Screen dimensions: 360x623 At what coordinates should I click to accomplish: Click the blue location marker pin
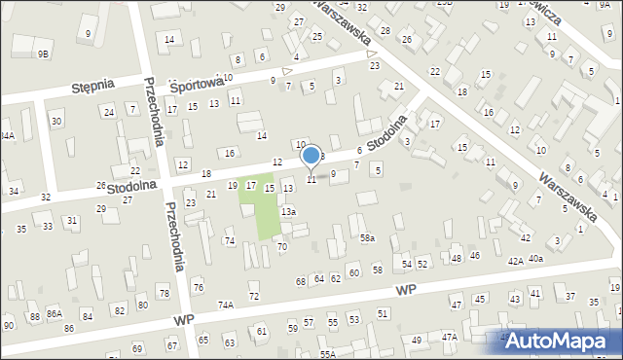tap(311, 156)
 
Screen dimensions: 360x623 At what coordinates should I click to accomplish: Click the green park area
tap(260, 210)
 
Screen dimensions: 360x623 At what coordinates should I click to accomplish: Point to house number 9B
tap(43, 54)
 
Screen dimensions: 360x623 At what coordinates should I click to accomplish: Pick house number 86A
tap(55, 314)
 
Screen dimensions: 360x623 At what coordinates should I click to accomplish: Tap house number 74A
tap(225, 305)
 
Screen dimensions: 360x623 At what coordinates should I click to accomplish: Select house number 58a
tap(367, 237)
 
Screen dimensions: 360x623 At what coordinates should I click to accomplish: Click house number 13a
tap(288, 211)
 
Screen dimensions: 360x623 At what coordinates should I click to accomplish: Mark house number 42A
tap(516, 261)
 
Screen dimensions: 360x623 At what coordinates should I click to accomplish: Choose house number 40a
tap(536, 259)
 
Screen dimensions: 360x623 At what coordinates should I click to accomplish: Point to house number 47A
tap(449, 337)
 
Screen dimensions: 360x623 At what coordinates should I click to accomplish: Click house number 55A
tap(327, 354)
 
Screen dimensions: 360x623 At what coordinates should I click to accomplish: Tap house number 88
tap(35, 316)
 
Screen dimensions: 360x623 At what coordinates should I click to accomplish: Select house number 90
tap(9, 325)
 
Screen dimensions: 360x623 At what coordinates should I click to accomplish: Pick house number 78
tap(164, 293)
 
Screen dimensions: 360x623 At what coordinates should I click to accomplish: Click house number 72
tap(254, 296)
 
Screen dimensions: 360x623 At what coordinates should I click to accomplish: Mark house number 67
tap(171, 345)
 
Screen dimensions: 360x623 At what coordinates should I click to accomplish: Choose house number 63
tap(230, 342)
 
